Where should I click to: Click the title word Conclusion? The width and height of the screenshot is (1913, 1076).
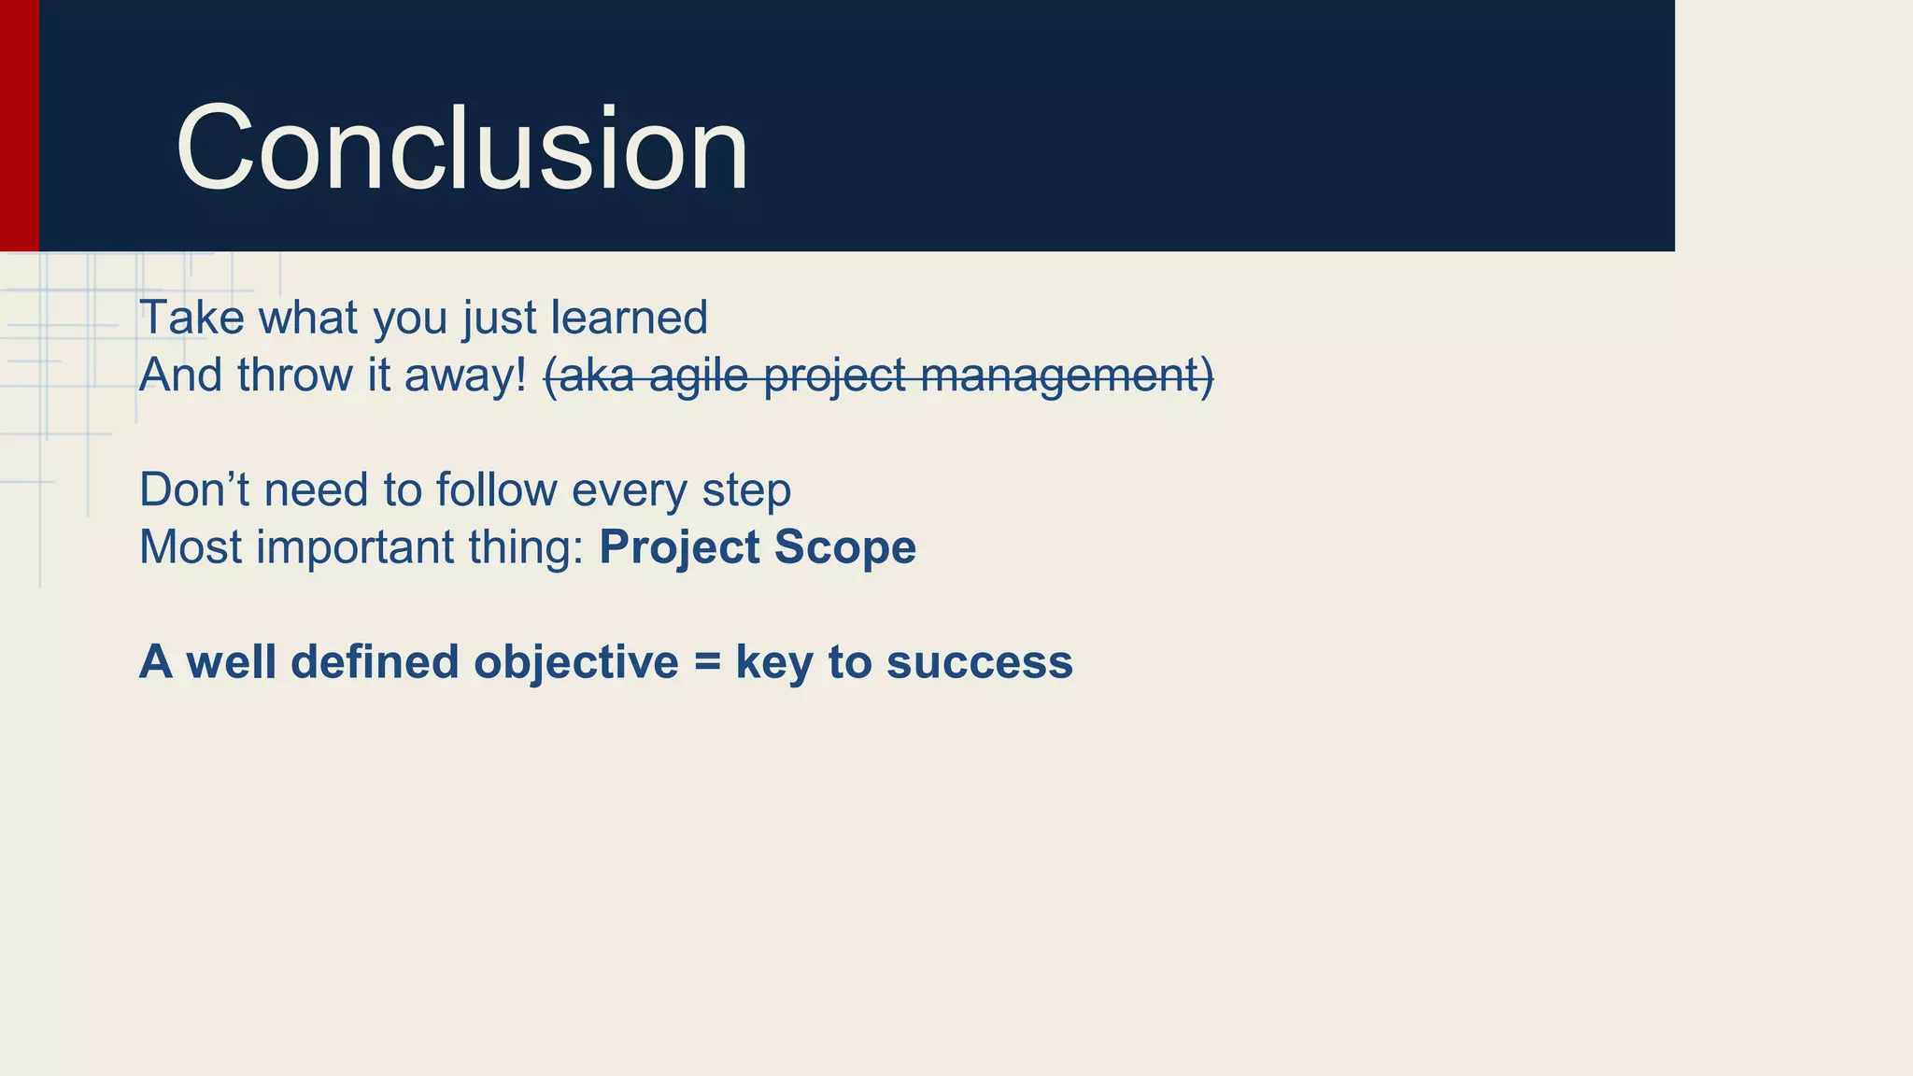tap(461, 149)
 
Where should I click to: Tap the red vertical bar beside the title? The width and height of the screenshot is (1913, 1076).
tap(19, 125)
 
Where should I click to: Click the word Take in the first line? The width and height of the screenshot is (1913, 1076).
tap(191, 318)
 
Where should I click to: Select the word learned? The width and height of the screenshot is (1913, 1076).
tap(629, 318)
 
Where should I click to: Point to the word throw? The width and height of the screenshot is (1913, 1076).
tap(293, 375)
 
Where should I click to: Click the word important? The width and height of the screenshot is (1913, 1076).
tap(355, 548)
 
